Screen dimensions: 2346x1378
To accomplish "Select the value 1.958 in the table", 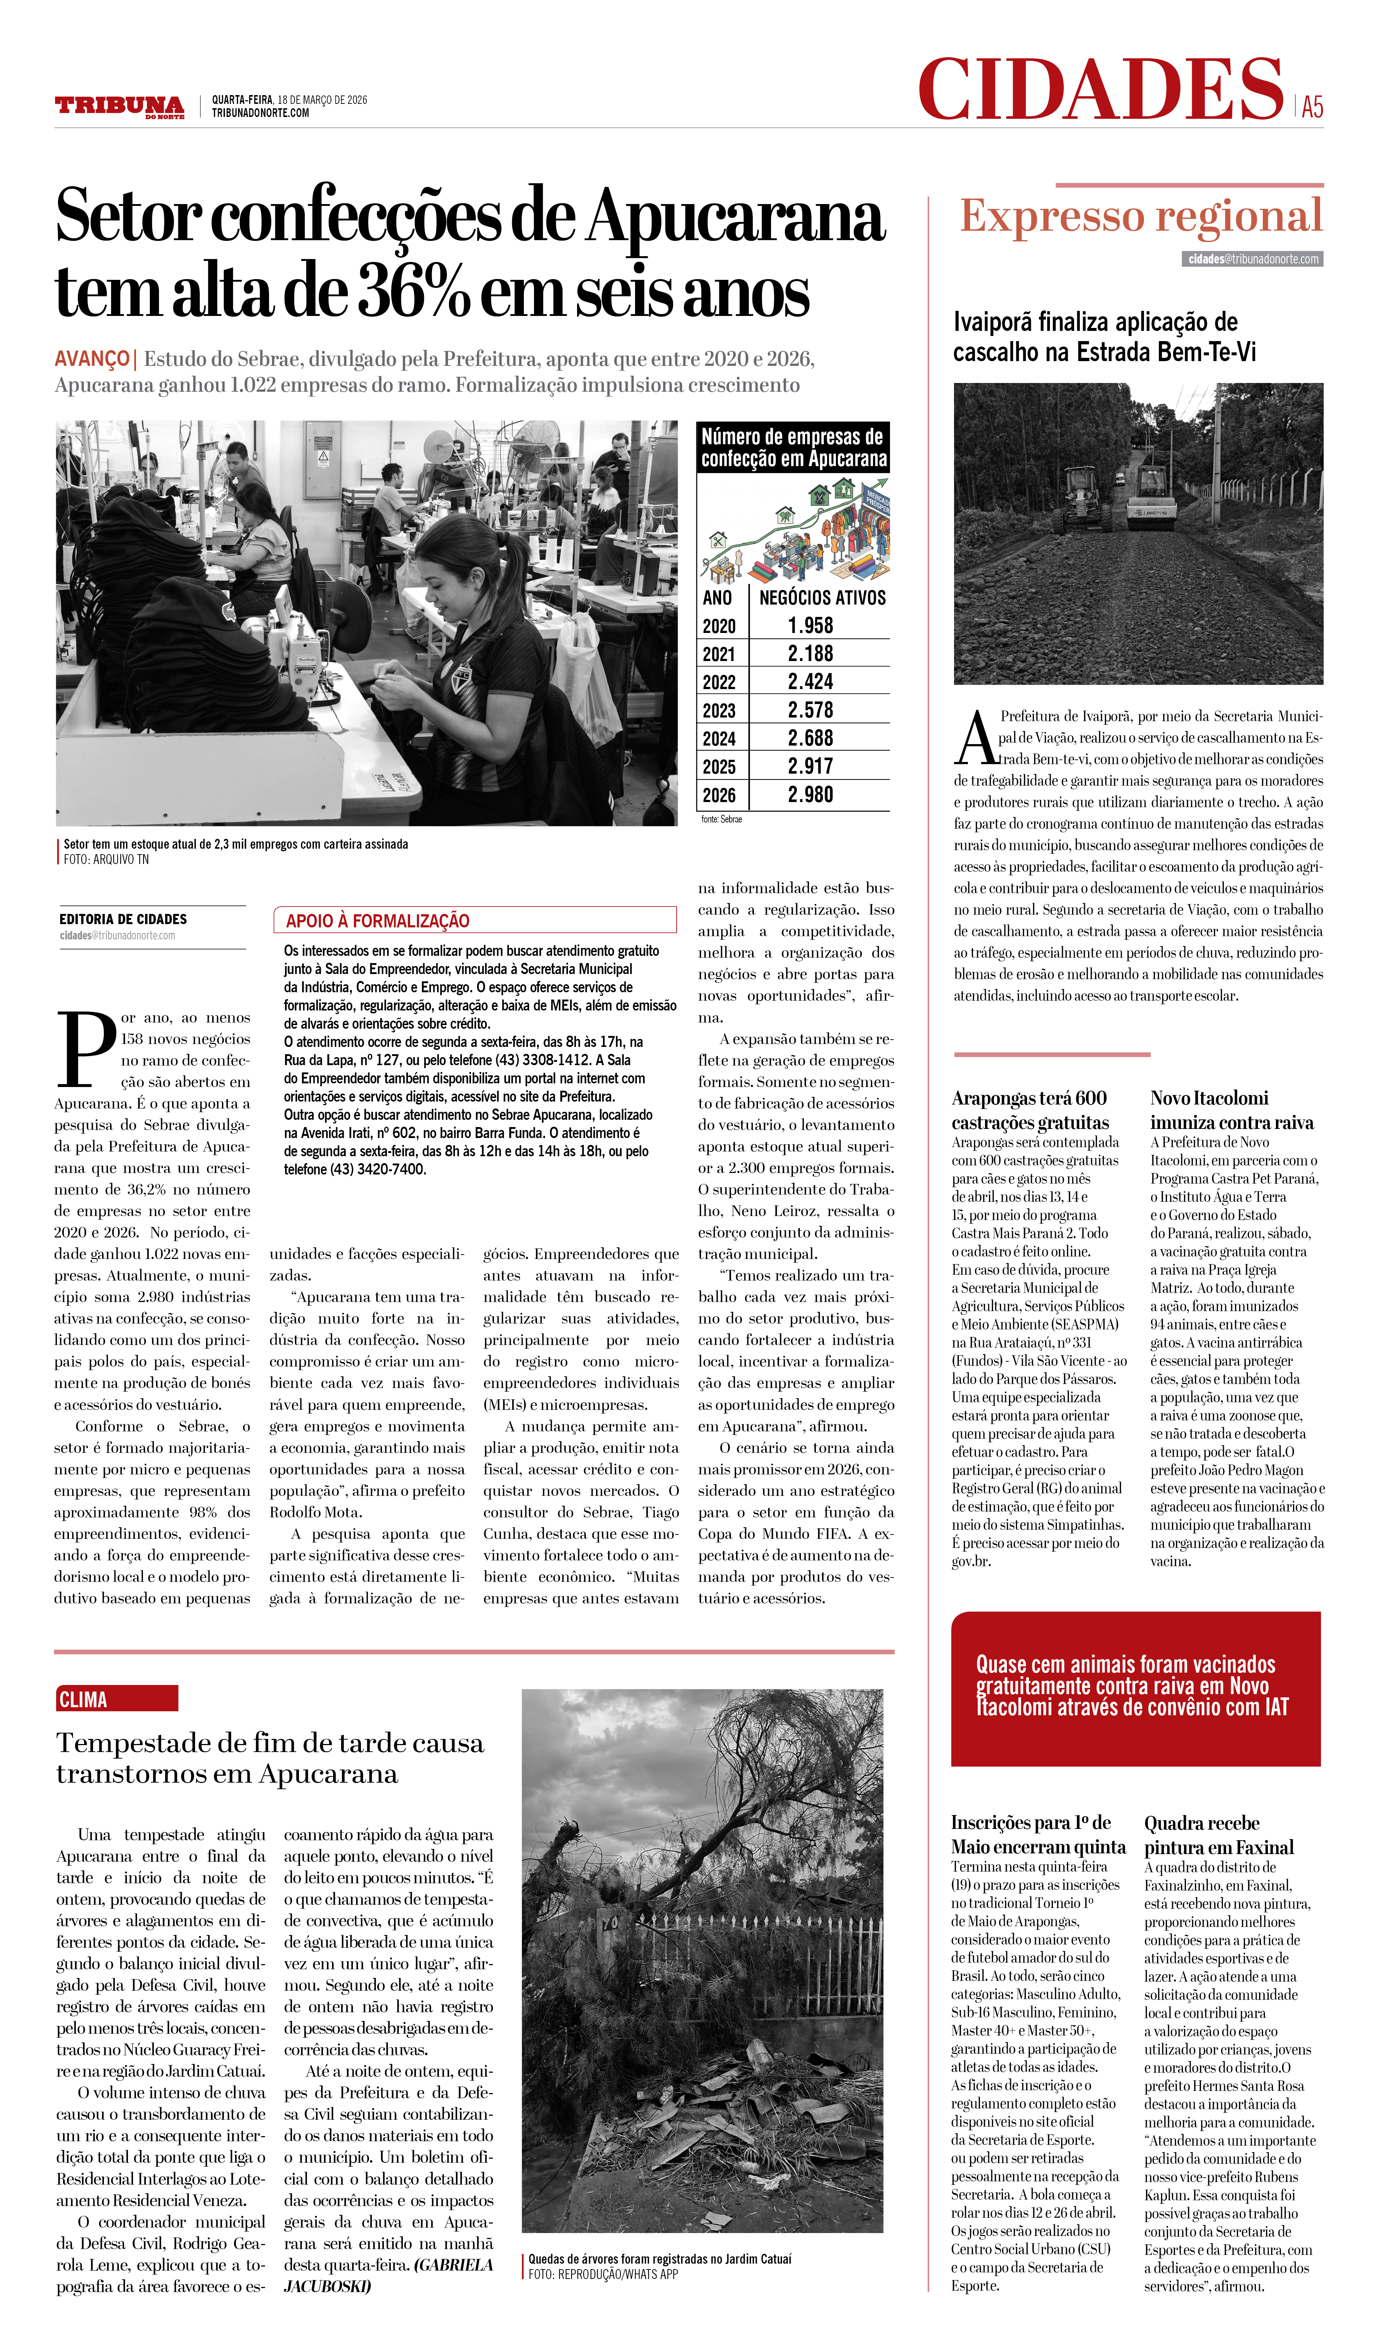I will pyautogui.click(x=810, y=626).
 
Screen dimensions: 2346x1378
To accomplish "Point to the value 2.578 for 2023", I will pyautogui.click(x=810, y=710).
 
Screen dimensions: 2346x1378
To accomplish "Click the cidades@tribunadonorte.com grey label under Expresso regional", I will pyautogui.click(x=1253, y=259).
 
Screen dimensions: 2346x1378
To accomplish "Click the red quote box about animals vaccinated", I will pyautogui.click(x=1135, y=1688).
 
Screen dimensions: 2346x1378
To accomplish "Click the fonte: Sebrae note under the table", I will pyautogui.click(x=721, y=819).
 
